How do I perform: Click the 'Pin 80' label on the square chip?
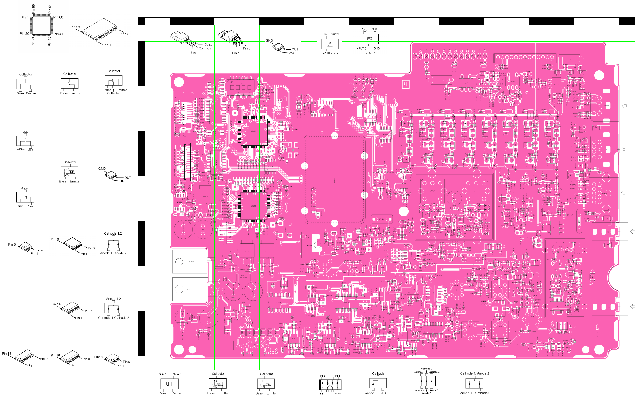click(x=33, y=9)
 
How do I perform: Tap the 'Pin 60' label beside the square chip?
click(x=58, y=17)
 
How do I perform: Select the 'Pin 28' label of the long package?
click(x=75, y=27)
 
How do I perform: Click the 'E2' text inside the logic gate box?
click(x=370, y=39)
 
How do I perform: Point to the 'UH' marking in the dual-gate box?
click(x=169, y=384)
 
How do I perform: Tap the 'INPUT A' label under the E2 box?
click(x=370, y=53)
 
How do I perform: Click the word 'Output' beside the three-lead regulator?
click(x=209, y=44)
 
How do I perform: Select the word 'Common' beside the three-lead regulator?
click(x=205, y=48)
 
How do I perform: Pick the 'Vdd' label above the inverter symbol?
click(x=325, y=35)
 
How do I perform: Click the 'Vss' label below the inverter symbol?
click(x=336, y=53)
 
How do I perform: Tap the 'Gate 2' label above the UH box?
click(x=162, y=374)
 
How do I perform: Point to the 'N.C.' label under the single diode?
click(x=383, y=393)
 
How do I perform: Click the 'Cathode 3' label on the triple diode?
click(x=434, y=372)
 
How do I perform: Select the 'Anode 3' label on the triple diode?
click(x=434, y=390)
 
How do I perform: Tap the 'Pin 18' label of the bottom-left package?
click(x=7, y=354)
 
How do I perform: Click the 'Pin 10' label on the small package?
click(x=98, y=357)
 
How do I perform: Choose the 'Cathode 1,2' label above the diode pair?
click(x=113, y=233)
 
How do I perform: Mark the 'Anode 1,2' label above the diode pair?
click(x=113, y=299)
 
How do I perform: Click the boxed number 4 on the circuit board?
click(x=406, y=84)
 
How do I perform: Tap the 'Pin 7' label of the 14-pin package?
click(x=88, y=311)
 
